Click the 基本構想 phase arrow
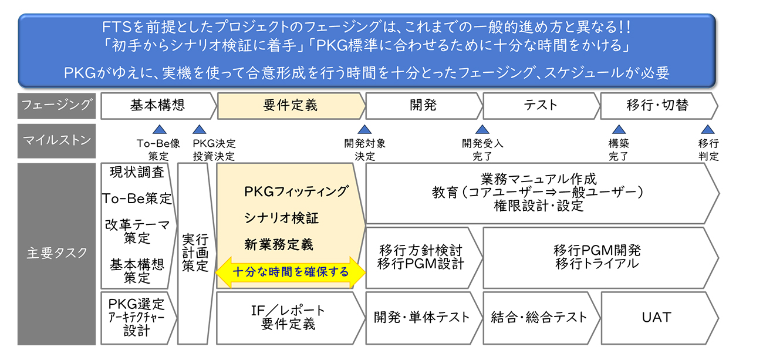(x=157, y=106)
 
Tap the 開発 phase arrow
(x=423, y=106)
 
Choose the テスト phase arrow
(x=540, y=106)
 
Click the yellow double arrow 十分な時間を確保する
(x=291, y=272)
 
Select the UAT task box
(x=656, y=317)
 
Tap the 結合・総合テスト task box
(x=539, y=317)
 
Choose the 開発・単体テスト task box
(x=422, y=317)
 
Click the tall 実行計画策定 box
(x=194, y=253)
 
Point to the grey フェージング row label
(x=56, y=106)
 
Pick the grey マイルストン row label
(x=56, y=141)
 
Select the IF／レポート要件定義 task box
(x=288, y=317)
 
